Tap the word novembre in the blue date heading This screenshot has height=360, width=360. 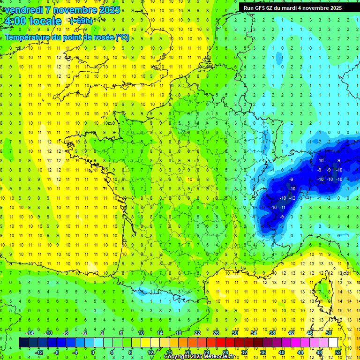76,10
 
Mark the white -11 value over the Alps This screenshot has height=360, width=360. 283,207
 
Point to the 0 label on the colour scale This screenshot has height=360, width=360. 93,352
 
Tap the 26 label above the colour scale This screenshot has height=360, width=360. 216,333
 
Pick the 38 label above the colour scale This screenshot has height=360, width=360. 272,333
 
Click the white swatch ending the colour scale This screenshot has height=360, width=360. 333,343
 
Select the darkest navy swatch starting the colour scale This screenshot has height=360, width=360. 23,343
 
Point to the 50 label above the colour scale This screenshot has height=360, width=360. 329,333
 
